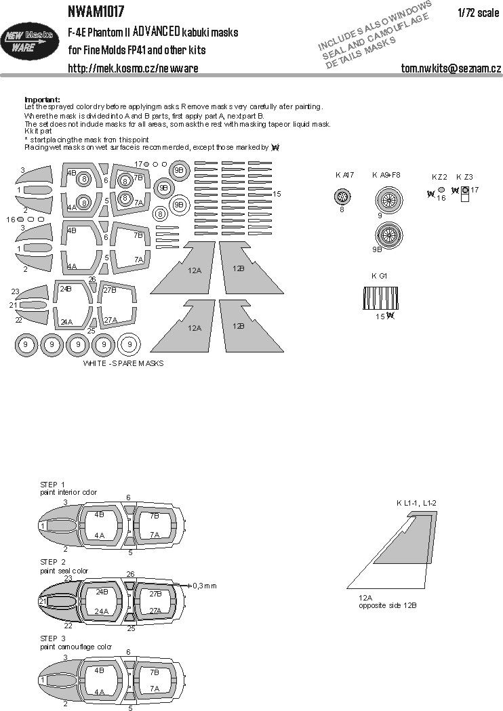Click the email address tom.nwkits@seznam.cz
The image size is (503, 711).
coord(451,68)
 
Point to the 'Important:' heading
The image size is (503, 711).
coord(42,99)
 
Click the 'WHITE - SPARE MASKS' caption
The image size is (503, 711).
coord(123,363)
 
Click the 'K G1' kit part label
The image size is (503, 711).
coord(379,275)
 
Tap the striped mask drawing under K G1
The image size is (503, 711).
coord(380,298)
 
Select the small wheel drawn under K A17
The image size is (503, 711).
coord(344,198)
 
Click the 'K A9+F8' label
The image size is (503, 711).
coord(386,175)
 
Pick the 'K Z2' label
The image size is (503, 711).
coord(439,176)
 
